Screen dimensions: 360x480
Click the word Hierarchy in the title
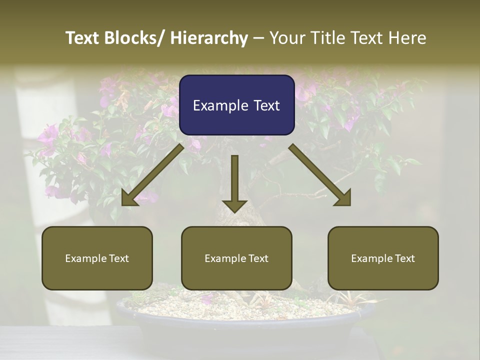pyautogui.click(x=209, y=38)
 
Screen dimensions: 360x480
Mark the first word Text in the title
pyautogui.click(x=83, y=38)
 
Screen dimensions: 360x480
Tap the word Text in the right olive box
pyautogui.click(x=403, y=258)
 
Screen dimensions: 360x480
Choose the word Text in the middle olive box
pyautogui.click(x=257, y=258)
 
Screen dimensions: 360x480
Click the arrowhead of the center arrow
pyautogui.click(x=234, y=205)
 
